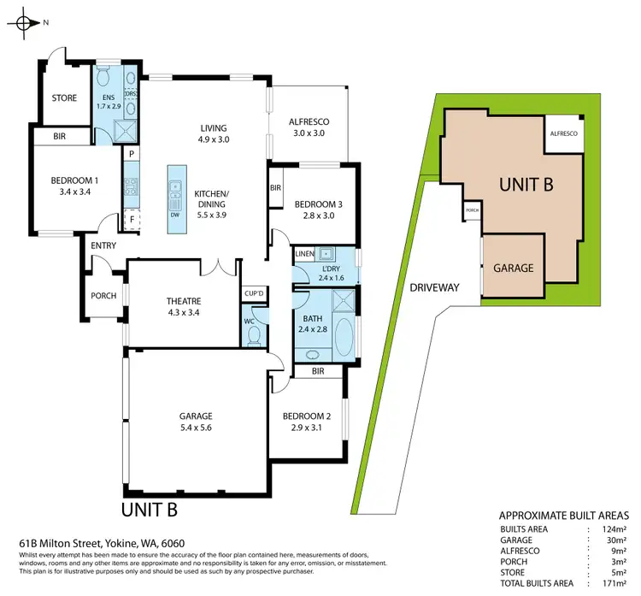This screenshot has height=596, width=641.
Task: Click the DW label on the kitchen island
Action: pyautogui.click(x=175, y=215)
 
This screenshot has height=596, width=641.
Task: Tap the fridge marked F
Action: pyautogui.click(x=132, y=220)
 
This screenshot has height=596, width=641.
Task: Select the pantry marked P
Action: pyautogui.click(x=132, y=154)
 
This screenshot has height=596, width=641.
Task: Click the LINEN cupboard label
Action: pyautogui.click(x=304, y=254)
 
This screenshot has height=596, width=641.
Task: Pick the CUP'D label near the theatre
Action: pyautogui.click(x=253, y=292)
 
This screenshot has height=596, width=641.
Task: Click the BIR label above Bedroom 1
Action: pyautogui.click(x=60, y=136)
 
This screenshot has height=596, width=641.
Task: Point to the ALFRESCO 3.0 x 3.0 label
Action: pyautogui.click(x=310, y=127)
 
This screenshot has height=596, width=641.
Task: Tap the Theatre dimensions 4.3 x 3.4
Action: pyautogui.click(x=184, y=312)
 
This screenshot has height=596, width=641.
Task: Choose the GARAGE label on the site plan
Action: pyautogui.click(x=514, y=268)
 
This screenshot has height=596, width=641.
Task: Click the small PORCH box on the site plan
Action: pyautogui.click(x=471, y=209)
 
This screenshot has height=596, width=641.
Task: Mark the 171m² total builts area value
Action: pyautogui.click(x=615, y=582)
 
